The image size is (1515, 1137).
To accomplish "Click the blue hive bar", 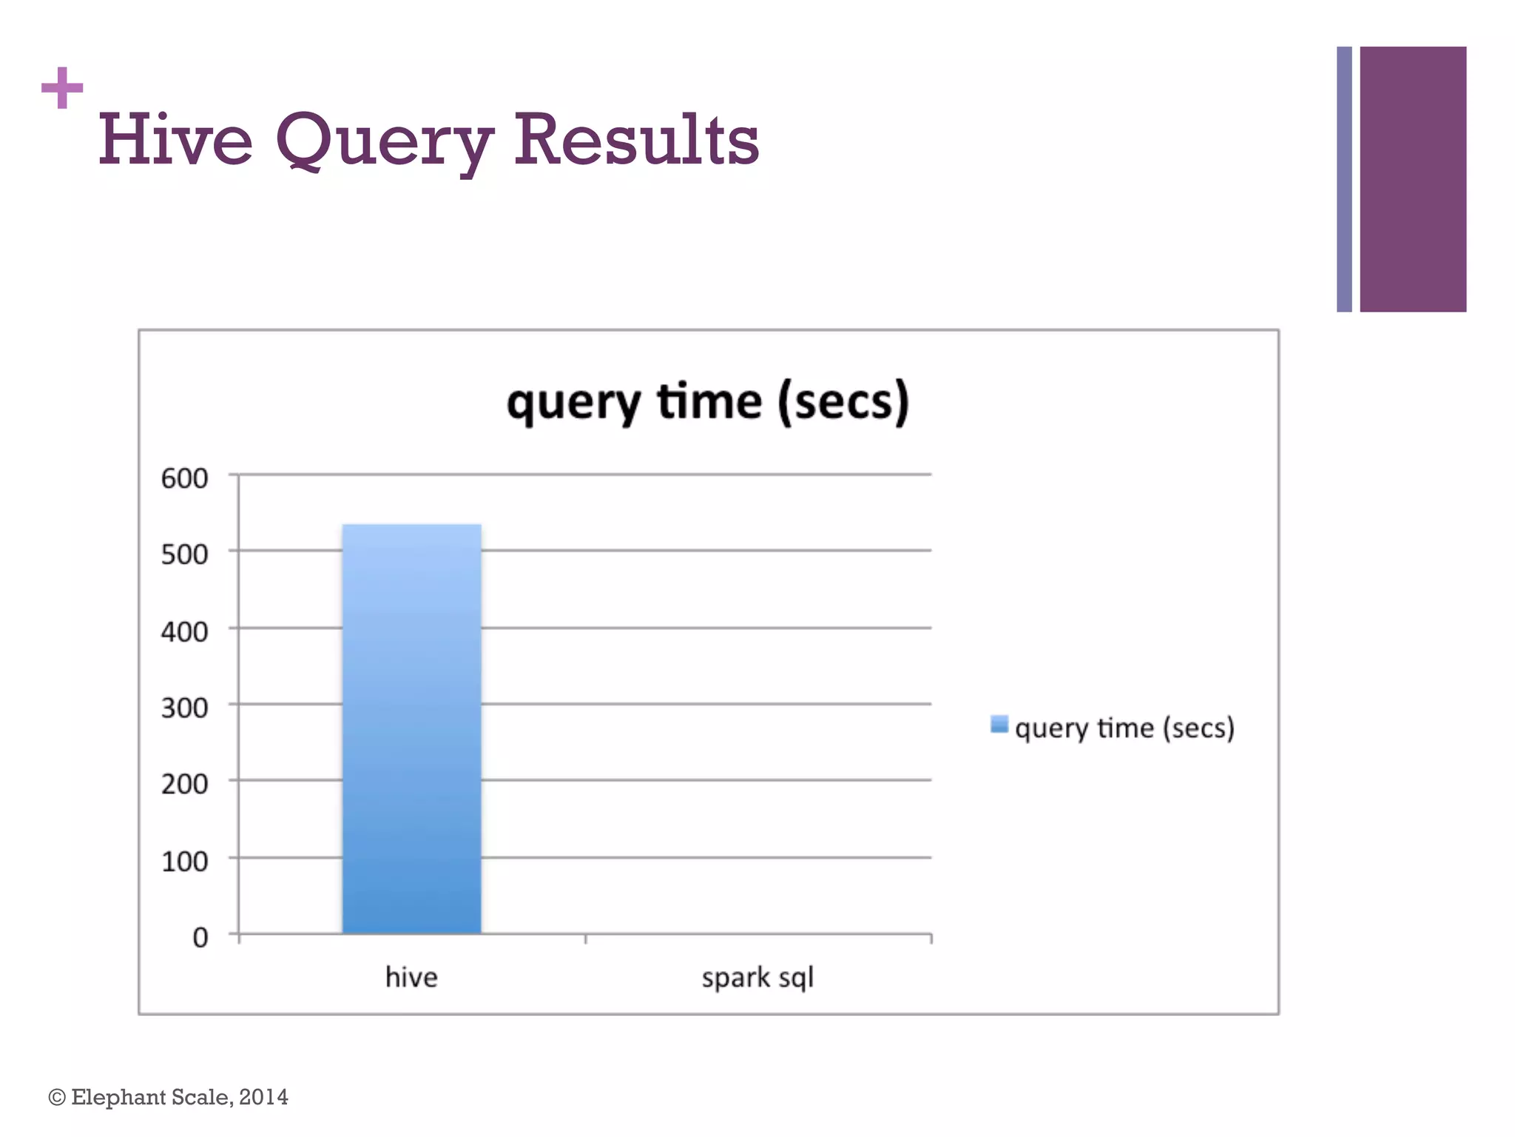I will [411, 729].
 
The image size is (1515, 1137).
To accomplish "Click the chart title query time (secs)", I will [708, 403].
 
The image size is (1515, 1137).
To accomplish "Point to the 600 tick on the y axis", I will [185, 479].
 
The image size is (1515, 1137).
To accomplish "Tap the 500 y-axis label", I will [185, 554].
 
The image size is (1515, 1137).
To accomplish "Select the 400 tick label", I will [185, 632].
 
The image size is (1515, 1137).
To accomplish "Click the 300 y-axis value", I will [185, 708].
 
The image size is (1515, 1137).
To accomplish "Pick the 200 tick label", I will [185, 784].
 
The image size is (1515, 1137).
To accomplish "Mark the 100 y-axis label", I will [185, 862].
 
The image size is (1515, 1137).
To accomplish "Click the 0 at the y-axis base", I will [200, 938].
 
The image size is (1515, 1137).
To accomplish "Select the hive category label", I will [411, 978].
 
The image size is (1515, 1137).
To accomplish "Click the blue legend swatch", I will [999, 724].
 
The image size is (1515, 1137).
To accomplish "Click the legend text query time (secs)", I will [1124, 728].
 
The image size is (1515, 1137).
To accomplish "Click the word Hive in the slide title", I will [176, 140].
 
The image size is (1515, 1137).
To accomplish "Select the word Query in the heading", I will [384, 142].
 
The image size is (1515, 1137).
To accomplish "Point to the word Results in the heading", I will [636, 140].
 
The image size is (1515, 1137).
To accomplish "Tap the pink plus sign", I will [62, 88].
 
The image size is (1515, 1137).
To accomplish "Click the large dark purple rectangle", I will [1412, 179].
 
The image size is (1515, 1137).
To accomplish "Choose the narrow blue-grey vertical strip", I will [1344, 179].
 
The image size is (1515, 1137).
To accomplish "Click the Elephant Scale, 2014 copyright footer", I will [169, 1097].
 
